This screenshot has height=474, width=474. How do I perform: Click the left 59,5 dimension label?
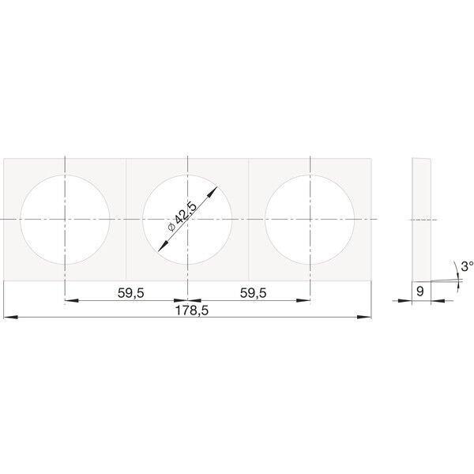pos(131,293)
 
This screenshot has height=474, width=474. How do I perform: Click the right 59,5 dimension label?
pos(254,293)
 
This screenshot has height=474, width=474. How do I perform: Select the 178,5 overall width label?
pos(192,310)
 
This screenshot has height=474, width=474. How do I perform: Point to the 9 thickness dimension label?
pos(420,292)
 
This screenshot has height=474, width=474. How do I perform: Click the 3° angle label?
pos(468,266)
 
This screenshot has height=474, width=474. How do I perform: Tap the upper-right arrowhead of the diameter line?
pos(213,190)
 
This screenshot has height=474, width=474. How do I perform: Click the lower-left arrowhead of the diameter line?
pos(162,247)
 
